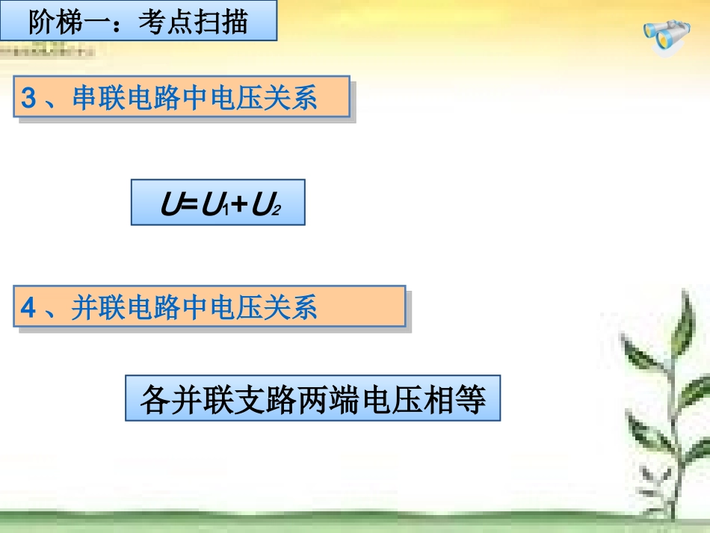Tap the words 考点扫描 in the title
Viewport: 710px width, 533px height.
pos(193,22)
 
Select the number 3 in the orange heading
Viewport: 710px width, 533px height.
pos(28,98)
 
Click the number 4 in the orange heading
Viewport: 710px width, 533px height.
pos(28,307)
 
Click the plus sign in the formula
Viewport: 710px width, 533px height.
pos(238,204)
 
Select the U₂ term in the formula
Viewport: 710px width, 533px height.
pos(265,205)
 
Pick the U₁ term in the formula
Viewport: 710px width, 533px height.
pos(214,205)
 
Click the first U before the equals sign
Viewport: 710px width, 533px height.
pos(170,204)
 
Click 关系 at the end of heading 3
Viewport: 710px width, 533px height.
pos(291,98)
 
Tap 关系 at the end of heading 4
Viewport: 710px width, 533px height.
pos(291,307)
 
